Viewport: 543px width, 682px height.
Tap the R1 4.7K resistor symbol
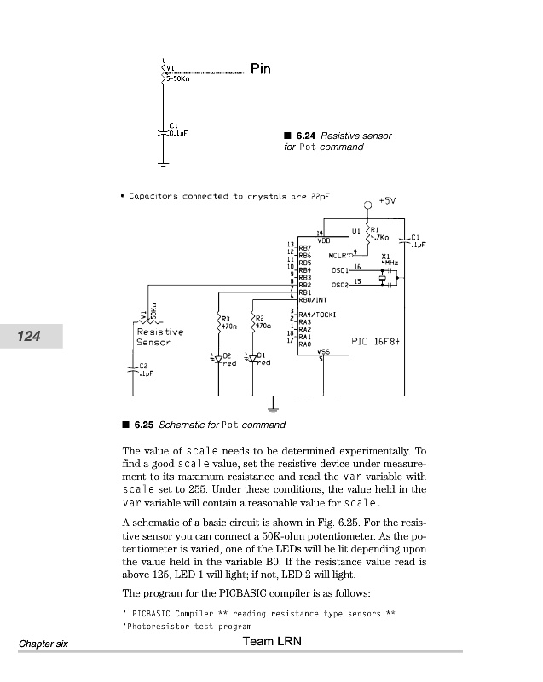point(367,233)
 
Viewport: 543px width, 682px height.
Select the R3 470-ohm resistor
point(219,321)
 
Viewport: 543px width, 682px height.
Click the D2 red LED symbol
point(218,360)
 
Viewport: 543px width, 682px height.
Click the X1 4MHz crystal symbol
point(384,278)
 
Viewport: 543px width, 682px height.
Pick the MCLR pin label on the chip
point(338,255)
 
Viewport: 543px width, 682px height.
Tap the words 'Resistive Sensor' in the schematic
point(159,337)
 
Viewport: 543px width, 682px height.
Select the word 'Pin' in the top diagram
point(261,69)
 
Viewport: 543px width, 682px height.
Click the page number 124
point(30,337)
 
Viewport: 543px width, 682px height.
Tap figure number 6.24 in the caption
point(305,136)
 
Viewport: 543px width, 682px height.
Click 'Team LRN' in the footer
point(271,641)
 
